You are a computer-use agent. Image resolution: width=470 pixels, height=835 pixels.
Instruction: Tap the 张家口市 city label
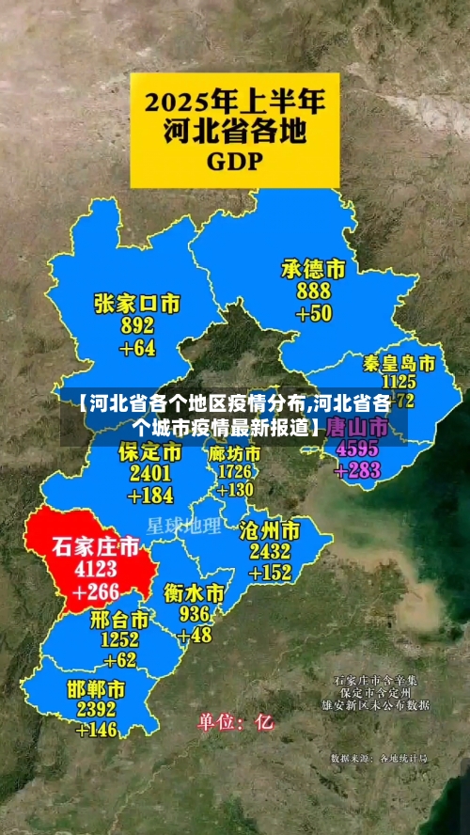(x=137, y=303)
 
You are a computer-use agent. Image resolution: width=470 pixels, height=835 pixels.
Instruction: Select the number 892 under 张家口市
(x=137, y=325)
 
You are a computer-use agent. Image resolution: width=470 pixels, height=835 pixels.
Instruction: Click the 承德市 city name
(x=313, y=269)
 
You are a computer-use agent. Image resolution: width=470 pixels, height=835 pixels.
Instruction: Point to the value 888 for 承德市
(x=313, y=291)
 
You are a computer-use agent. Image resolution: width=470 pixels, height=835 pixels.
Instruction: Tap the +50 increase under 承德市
(x=313, y=313)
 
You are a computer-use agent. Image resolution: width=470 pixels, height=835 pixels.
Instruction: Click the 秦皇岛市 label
(x=399, y=363)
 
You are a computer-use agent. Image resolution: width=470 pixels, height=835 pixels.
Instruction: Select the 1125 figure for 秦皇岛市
(x=399, y=382)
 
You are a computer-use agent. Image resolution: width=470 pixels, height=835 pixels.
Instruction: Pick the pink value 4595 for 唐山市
(x=351, y=449)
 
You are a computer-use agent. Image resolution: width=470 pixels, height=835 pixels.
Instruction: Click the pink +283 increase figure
(x=352, y=470)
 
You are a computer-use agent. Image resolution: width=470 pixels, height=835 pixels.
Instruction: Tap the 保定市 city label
(x=150, y=452)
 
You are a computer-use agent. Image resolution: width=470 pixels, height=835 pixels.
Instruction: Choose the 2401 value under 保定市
(x=150, y=473)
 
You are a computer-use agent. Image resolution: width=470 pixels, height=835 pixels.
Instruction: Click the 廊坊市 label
(x=234, y=452)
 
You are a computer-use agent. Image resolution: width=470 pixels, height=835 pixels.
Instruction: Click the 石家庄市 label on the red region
(x=95, y=546)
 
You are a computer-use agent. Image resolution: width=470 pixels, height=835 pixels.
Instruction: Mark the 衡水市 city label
(x=195, y=593)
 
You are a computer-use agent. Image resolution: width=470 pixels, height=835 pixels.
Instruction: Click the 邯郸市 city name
(x=96, y=687)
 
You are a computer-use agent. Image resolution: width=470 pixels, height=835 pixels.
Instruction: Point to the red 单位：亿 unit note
(x=235, y=723)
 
